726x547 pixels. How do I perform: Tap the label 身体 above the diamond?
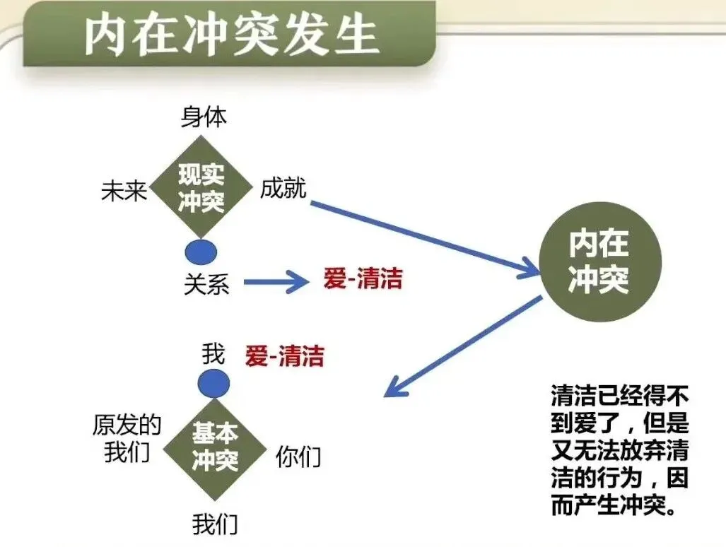point(204,117)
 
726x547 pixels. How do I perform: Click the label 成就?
point(283,189)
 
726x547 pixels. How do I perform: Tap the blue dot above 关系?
point(201,252)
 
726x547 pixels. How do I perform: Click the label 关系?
point(206,284)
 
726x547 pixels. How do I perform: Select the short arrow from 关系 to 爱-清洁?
point(276,283)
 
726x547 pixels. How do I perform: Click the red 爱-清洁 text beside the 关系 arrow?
point(363,278)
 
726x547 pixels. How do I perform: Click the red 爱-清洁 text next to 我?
point(284,356)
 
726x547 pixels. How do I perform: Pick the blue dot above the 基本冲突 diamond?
point(213,384)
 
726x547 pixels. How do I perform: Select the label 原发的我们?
point(127,438)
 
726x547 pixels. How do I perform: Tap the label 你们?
point(298,457)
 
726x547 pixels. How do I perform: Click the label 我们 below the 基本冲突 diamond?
point(215,524)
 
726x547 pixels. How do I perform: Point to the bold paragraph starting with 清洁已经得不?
point(619,449)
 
